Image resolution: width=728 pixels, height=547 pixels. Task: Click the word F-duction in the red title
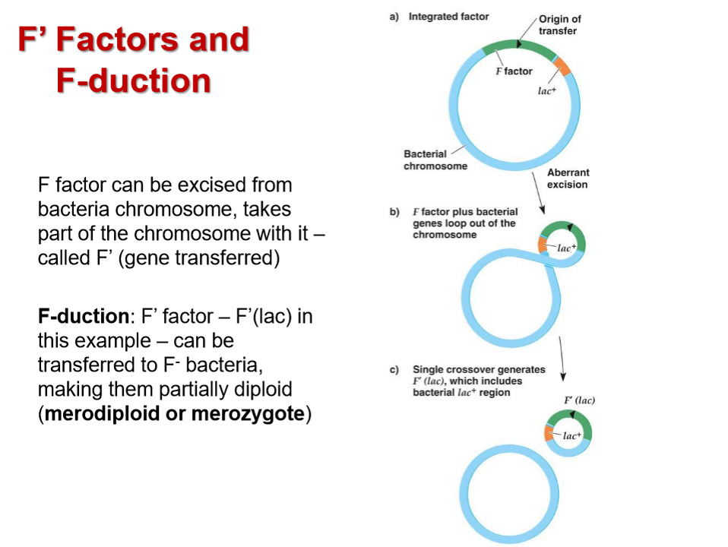click(x=133, y=81)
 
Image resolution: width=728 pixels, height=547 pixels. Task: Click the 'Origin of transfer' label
click(x=559, y=25)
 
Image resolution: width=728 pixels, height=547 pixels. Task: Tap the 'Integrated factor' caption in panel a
click(x=448, y=16)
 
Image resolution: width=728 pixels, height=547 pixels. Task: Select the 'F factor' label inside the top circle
click(x=514, y=71)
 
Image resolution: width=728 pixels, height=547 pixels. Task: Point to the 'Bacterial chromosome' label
click(x=435, y=160)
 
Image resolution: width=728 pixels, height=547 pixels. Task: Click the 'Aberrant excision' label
click(x=568, y=179)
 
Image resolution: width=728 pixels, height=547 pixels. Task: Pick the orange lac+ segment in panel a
click(x=562, y=67)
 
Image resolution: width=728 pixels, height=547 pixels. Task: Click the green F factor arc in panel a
click(x=520, y=47)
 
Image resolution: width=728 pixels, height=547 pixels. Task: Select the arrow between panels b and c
click(x=562, y=357)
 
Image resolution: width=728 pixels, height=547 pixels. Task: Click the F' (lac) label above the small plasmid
click(x=579, y=400)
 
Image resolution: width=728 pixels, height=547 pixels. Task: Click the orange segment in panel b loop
click(x=543, y=245)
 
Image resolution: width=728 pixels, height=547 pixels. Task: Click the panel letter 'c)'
click(x=394, y=370)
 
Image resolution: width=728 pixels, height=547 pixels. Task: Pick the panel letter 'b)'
click(x=394, y=212)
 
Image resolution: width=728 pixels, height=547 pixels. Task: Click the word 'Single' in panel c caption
click(x=427, y=370)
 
